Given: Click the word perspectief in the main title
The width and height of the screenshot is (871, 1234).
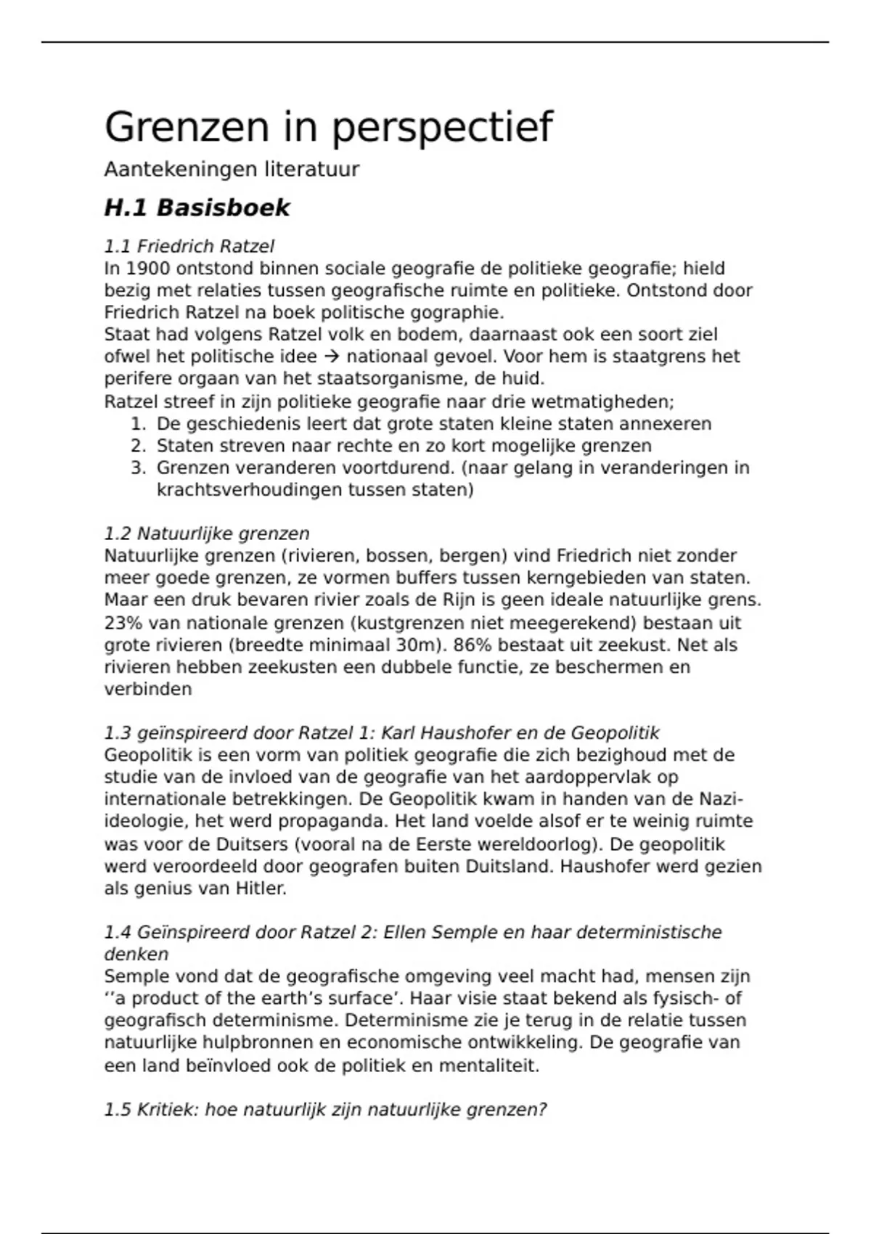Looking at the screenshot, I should (x=442, y=128).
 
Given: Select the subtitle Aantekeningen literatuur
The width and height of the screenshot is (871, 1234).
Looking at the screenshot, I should (x=232, y=170).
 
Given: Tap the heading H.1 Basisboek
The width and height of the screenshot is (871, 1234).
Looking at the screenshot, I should (x=197, y=208).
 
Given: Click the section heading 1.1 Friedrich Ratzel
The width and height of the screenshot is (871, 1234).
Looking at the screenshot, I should (x=189, y=246).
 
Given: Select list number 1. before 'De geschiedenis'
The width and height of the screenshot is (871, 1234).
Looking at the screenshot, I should (x=139, y=424).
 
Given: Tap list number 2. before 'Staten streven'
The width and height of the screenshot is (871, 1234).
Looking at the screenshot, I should (x=139, y=446).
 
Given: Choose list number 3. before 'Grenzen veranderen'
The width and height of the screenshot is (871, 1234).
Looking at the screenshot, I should (x=139, y=468).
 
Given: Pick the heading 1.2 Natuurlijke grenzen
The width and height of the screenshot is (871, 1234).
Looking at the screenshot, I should (x=207, y=534).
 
